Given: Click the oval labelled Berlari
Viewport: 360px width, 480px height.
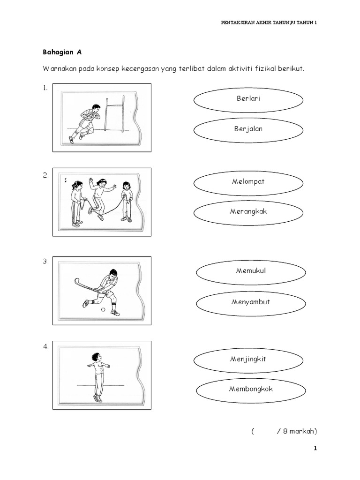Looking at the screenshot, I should pos(248,99).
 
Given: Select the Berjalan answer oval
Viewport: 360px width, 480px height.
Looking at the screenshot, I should pos(248,129).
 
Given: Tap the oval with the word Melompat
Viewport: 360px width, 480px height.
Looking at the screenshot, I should pos(248,182).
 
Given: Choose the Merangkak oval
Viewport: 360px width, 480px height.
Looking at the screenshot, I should pos(248,212).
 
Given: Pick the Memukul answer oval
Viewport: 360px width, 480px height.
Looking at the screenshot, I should pos(251,271).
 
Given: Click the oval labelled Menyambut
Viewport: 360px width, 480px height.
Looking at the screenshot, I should pos(251,302).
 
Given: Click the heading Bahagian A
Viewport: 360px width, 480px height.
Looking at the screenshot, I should pos(61,52).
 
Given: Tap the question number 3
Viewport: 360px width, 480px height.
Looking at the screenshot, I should pos(45,262).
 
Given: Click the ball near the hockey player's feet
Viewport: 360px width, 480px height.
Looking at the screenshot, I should pos(103,309).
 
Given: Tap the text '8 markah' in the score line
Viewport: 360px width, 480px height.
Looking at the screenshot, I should pos(300,432).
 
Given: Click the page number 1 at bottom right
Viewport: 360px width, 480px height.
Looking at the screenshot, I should pos(315,449).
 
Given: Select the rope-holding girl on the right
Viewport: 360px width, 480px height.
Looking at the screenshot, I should pos(126,201).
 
